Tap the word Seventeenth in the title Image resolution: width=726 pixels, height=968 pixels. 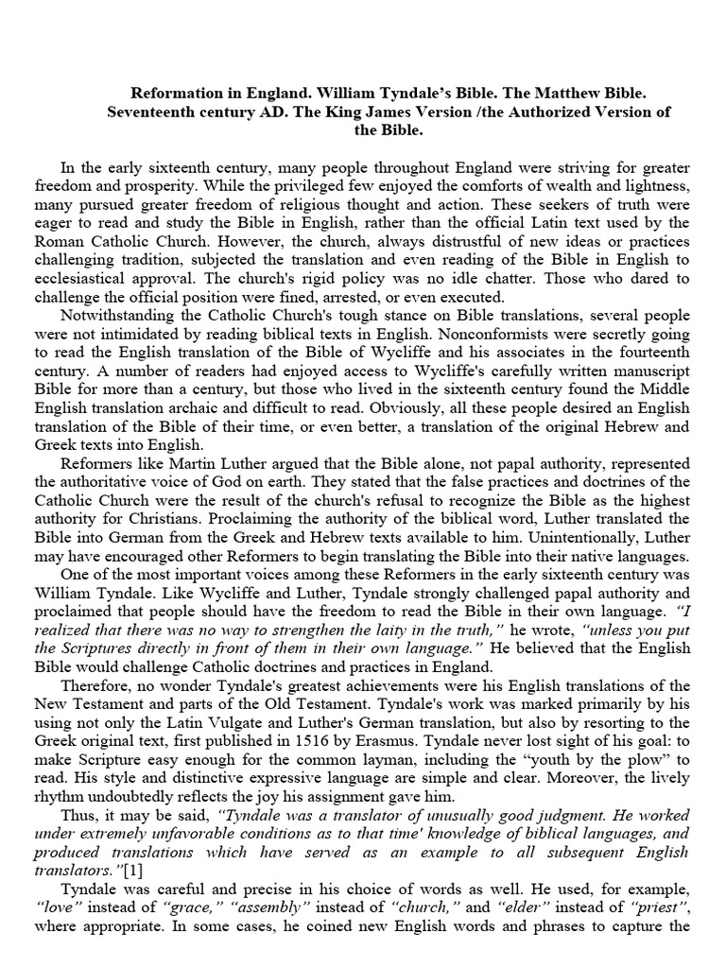(x=159, y=112)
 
